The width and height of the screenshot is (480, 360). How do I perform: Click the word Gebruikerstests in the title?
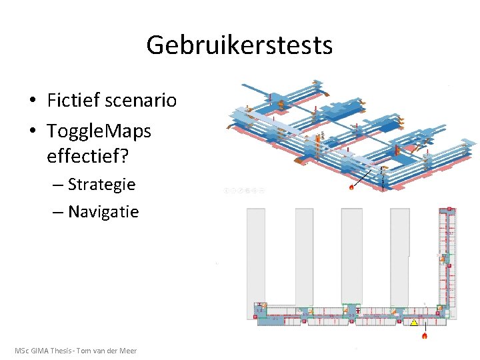[x=239, y=45]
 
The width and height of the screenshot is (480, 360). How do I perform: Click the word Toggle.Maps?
[x=99, y=131]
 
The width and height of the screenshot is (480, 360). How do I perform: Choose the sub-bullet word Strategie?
[x=101, y=184]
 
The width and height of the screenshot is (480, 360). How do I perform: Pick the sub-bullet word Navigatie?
[x=103, y=212]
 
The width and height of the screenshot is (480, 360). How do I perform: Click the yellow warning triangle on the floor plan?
[x=414, y=323]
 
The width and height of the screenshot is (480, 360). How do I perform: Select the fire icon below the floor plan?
[x=425, y=335]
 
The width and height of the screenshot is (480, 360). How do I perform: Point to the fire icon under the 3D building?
[x=352, y=187]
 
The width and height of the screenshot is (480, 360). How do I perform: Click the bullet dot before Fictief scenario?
[x=32, y=101]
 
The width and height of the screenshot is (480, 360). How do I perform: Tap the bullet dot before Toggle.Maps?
[x=32, y=131]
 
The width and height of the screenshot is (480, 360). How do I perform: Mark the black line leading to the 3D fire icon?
[x=365, y=176]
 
